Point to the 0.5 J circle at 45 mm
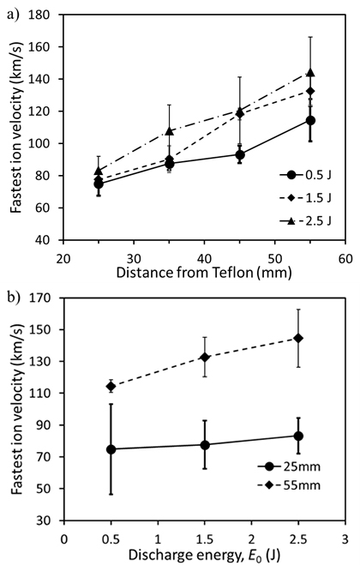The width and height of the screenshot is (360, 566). click(239, 155)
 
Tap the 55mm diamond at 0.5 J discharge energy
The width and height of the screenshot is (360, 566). click(110, 386)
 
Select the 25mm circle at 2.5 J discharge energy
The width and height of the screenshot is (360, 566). click(297, 436)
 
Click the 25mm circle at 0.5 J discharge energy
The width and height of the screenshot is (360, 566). click(110, 449)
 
